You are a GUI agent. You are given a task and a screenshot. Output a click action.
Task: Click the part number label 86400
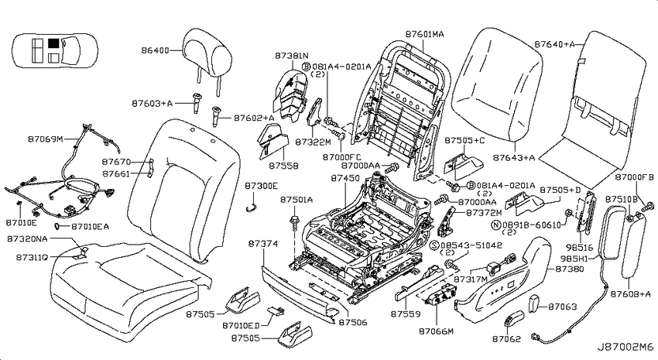[x=155, y=50]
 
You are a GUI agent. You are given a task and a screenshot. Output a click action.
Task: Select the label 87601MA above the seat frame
[x=424, y=34]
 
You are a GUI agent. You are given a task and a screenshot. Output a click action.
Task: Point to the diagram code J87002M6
[x=625, y=348]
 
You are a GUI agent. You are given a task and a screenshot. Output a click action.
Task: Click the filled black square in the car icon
[x=53, y=43]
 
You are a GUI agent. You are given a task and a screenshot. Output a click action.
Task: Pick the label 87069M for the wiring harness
[x=46, y=139]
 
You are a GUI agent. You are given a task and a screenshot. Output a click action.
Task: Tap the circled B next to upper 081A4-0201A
[x=307, y=67]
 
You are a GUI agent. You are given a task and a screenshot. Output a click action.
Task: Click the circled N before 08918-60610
[x=495, y=225]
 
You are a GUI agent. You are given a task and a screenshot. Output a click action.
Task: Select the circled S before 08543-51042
[x=434, y=245]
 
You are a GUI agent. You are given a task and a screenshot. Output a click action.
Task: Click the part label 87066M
[x=436, y=331]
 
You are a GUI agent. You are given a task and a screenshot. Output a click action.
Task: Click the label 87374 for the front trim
[x=262, y=244]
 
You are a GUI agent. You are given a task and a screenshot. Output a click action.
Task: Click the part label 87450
[x=345, y=178]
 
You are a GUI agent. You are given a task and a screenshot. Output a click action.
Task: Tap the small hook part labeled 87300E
[x=251, y=206]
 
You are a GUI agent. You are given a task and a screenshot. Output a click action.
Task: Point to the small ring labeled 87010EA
[x=57, y=227]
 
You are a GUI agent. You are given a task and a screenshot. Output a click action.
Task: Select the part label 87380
[x=570, y=269]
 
